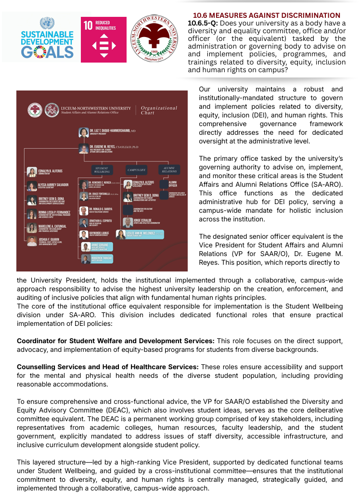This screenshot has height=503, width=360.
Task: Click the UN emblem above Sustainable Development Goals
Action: click(x=47, y=23)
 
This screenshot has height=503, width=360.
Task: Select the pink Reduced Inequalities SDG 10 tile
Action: click(x=103, y=39)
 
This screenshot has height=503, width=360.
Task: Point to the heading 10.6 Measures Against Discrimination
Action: click(x=266, y=15)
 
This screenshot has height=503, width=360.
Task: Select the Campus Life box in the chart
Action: click(x=136, y=169)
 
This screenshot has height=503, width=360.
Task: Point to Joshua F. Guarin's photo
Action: click(x=32, y=242)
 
